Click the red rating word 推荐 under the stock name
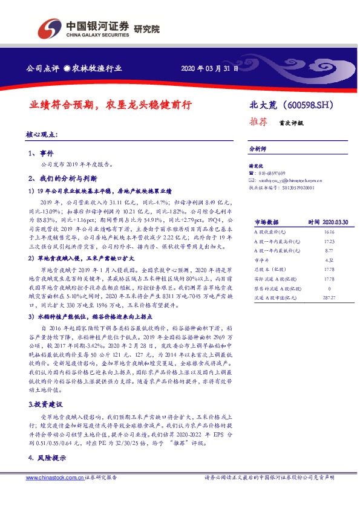coord(260,121)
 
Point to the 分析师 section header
coord(257,148)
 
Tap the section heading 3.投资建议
coord(44,385)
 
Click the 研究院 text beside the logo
coord(147,28)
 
